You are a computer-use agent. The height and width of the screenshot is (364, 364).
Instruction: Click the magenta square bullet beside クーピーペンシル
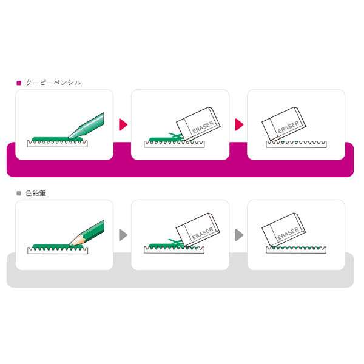19,83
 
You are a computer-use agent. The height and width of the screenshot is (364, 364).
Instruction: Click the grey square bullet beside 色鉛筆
19,193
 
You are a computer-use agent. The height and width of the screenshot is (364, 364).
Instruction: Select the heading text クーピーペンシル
53,83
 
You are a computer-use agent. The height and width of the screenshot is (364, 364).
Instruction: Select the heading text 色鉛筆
36,193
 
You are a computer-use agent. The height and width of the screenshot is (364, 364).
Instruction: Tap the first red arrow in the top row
123,124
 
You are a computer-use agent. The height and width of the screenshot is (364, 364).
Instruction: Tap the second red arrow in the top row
239,124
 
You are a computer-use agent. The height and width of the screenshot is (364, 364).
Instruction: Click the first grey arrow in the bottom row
123,235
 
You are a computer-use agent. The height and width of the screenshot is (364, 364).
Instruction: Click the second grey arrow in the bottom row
239,235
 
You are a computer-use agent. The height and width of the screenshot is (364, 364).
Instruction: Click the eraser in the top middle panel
198,124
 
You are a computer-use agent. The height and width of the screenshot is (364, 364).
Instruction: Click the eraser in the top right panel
284,124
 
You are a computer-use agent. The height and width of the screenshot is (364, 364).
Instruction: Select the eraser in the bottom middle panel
198,230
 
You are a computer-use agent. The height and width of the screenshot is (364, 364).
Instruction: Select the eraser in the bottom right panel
283,230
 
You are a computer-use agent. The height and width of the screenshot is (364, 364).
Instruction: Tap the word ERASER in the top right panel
288,127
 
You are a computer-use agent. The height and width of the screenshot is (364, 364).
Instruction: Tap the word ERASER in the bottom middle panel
203,234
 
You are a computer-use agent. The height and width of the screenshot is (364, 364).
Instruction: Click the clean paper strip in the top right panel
296,144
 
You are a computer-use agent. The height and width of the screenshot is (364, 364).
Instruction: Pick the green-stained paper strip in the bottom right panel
296,250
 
